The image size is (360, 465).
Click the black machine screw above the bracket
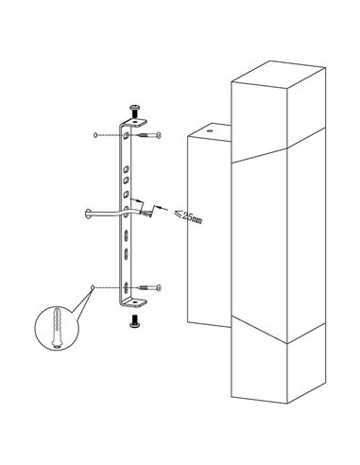pos(135,111)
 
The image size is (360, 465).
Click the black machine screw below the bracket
pos(135,321)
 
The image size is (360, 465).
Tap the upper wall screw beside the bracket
pos(149,135)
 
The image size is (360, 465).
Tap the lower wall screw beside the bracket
pos(149,287)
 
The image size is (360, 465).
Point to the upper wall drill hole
pos(95,135)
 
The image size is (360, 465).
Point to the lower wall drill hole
pos(93,287)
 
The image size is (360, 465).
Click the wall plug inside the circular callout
pos(57,327)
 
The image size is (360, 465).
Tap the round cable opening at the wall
pos(88,214)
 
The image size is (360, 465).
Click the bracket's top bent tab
pos(135,122)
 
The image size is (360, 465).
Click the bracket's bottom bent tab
pos(135,302)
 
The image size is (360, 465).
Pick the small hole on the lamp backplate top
pos(211,129)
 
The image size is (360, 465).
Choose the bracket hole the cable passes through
pos(127,211)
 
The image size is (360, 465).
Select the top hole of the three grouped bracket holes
pos(127,169)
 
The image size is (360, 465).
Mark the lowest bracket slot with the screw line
pos(126,287)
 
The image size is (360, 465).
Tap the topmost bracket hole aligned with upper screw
pos(127,136)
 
